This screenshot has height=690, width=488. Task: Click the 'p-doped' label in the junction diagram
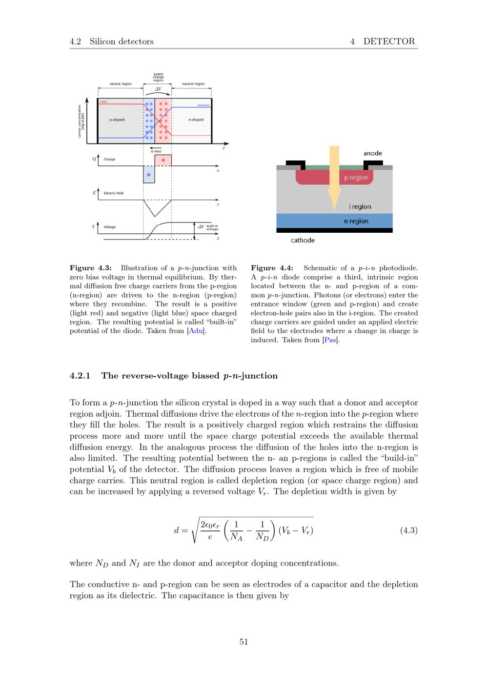117,120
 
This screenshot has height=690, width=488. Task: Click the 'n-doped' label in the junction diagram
196,120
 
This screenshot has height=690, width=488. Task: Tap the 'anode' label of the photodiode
372,153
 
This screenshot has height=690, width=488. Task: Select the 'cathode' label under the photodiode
303,240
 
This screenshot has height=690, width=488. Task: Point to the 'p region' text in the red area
356,178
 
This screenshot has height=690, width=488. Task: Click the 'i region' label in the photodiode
360,207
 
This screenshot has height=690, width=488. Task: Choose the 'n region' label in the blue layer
356,221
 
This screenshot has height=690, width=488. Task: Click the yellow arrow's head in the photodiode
334,199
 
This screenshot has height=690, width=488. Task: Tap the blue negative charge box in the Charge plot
149,174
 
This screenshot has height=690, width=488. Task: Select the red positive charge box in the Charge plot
163,160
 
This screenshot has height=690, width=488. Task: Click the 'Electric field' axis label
113,193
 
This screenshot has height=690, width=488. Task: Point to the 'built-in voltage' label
212,227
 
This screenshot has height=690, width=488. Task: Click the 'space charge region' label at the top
158,77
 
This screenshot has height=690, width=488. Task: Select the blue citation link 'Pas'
330,340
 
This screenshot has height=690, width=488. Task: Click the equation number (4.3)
409,530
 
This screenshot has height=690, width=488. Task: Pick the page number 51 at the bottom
244,642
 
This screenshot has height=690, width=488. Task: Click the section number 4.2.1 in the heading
80,376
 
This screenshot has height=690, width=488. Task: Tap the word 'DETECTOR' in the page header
389,41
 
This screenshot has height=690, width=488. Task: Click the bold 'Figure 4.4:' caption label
272,268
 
